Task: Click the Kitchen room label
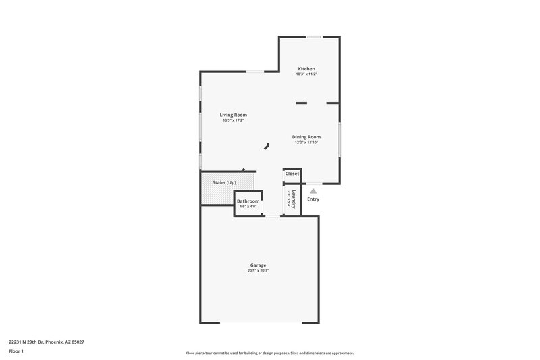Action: point(307,69)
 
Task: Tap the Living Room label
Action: point(233,115)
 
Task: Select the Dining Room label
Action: point(306,137)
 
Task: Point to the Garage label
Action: point(259,265)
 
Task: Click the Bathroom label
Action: point(248,201)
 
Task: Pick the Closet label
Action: point(292,174)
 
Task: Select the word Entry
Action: point(313,199)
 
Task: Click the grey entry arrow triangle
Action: point(313,191)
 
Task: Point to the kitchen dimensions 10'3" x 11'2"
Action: point(307,74)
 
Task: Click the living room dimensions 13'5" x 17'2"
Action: point(233,120)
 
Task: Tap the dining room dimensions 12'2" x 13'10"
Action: point(306,143)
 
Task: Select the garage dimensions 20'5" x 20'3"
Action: point(259,271)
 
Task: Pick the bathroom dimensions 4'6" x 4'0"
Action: point(248,207)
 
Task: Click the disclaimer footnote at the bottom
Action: point(270,353)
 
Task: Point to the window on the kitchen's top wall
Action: point(313,36)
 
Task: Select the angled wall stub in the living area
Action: point(267,145)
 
